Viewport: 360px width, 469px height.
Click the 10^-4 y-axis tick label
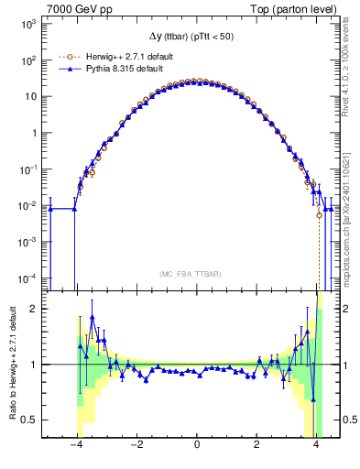[28, 278]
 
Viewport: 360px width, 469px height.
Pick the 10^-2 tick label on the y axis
[28, 206]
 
